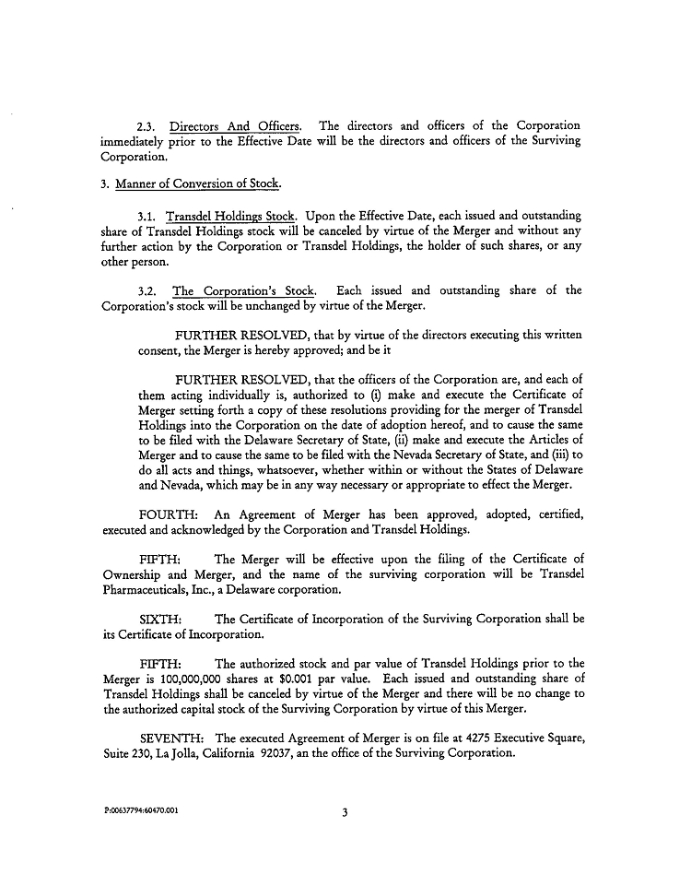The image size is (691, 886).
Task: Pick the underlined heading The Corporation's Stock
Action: (x=243, y=290)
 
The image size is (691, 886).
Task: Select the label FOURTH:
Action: (x=166, y=514)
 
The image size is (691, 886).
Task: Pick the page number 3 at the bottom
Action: (x=345, y=813)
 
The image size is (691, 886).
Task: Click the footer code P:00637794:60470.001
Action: (x=141, y=811)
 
